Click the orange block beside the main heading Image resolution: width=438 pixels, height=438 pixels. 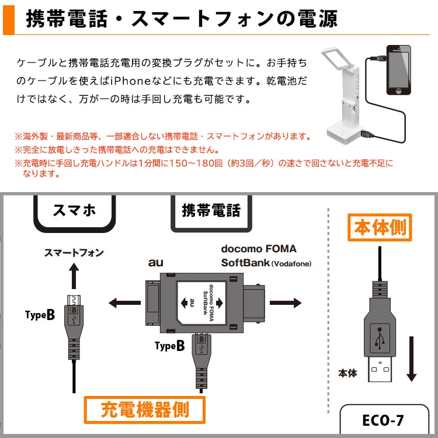(8, 18)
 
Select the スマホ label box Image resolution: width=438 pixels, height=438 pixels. (74, 210)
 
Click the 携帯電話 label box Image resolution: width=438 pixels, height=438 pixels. (211, 210)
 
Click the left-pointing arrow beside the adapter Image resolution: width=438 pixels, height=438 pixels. (121, 303)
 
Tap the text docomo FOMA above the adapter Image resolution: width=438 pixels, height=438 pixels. (258, 248)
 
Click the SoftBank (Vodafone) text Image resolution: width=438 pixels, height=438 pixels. (266, 263)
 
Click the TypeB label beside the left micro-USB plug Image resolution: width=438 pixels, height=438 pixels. (40, 315)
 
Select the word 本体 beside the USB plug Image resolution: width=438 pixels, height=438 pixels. (347, 373)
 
